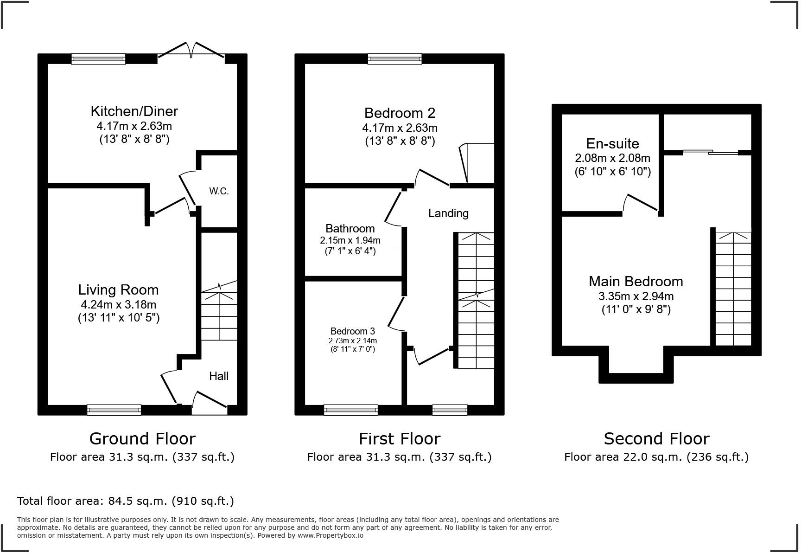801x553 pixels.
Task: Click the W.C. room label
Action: [219, 191]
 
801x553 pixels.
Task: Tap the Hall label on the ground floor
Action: [219, 376]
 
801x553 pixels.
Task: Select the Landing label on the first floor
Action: [448, 213]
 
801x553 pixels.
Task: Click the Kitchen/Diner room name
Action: [134, 111]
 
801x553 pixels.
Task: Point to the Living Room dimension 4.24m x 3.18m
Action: [119, 305]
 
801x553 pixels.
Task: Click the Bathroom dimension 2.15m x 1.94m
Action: [350, 240]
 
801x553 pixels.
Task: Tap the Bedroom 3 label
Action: [353, 331]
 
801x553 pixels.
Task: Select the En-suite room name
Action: [612, 143]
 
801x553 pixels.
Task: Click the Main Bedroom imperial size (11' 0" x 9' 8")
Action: [636, 309]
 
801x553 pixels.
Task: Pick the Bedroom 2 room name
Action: [400, 113]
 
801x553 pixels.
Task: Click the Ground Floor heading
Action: [142, 438]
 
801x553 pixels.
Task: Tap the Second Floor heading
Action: [656, 438]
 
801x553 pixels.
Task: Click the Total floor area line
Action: [126, 501]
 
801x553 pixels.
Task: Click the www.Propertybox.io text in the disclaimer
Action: [330, 535]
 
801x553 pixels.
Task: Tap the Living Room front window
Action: [114, 410]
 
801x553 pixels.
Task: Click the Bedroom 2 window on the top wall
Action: [395, 59]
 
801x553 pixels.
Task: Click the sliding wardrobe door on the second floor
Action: [711, 152]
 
